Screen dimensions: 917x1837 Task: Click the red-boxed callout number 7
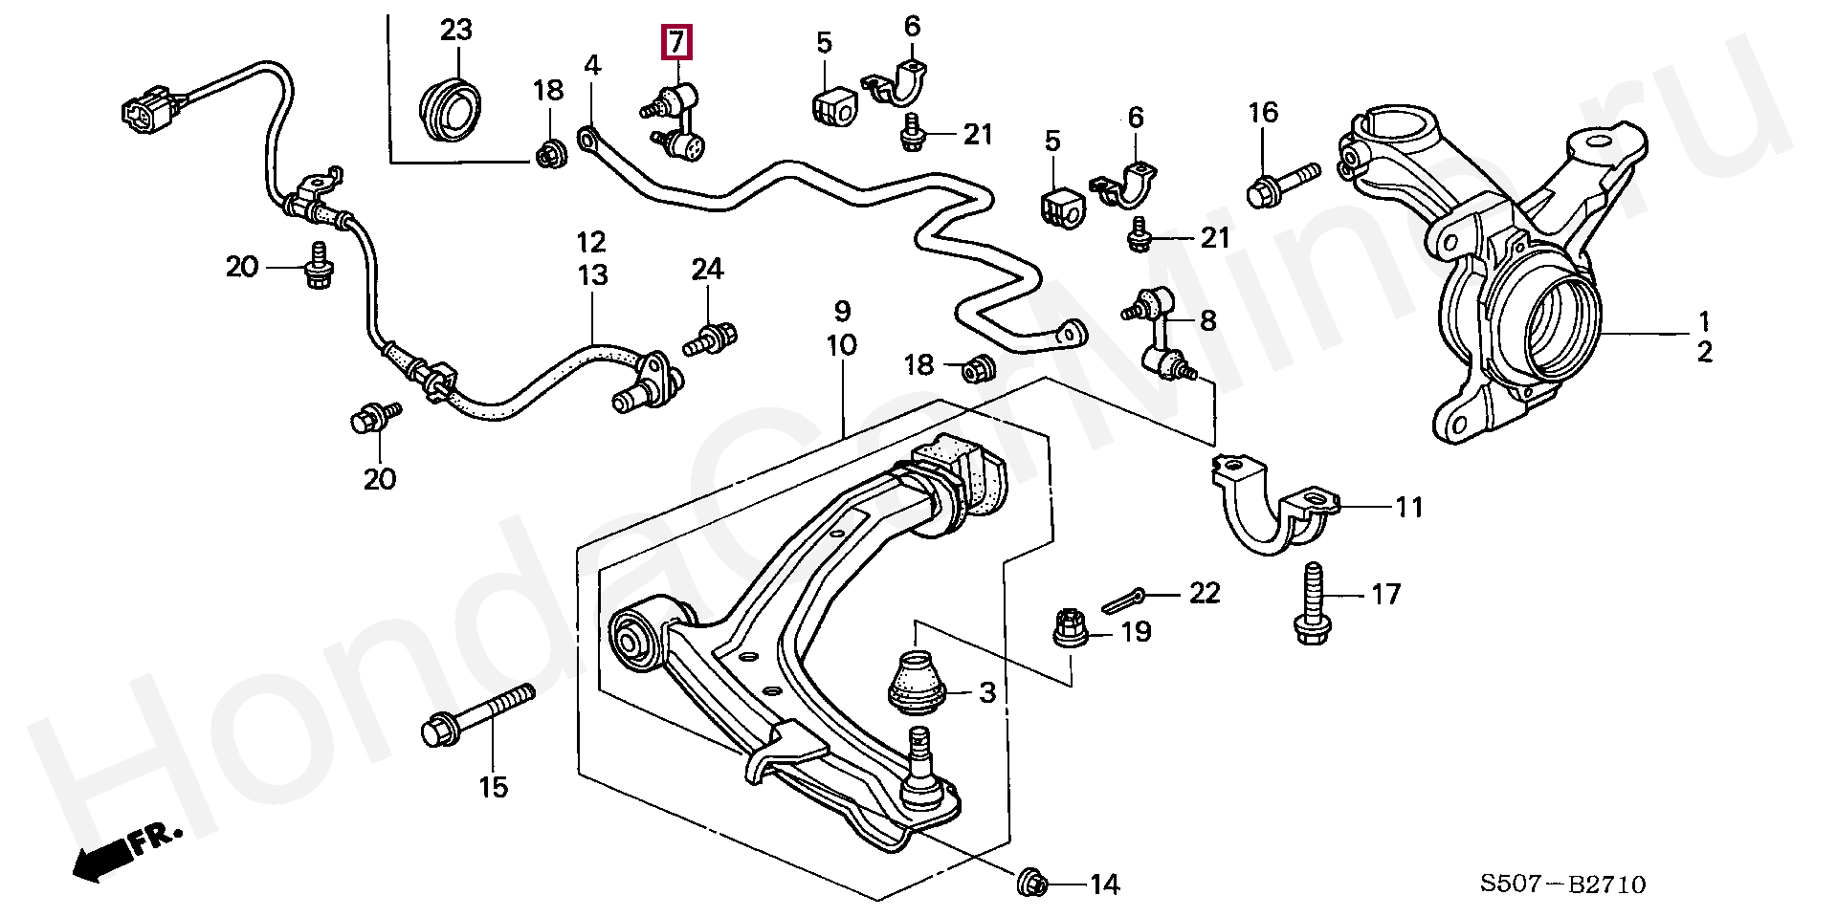click(676, 43)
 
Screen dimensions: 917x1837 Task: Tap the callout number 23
click(456, 30)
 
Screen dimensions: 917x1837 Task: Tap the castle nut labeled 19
click(1070, 628)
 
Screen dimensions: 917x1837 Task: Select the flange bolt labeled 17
click(1311, 604)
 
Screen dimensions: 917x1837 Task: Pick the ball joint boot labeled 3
click(916, 682)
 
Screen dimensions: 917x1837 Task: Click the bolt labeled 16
click(1283, 182)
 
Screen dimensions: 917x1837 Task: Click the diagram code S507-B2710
click(1562, 884)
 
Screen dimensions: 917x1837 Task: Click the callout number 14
click(1104, 884)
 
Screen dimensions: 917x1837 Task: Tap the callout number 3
click(987, 692)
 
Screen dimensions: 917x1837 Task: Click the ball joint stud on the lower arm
click(919, 755)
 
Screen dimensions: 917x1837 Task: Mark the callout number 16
click(1263, 113)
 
